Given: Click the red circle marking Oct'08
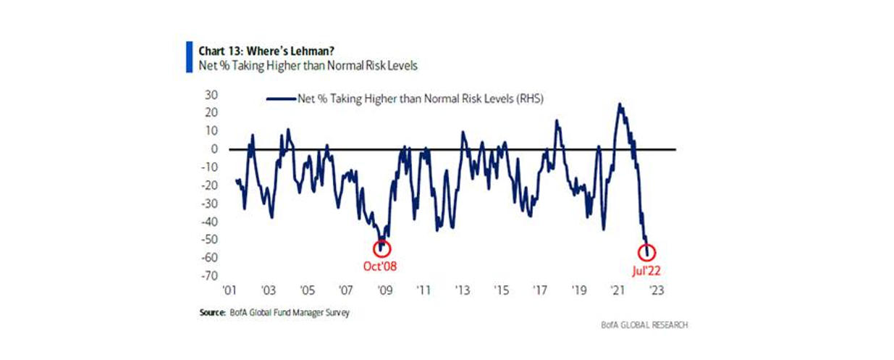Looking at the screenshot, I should pos(381,248).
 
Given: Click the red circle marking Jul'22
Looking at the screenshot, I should pos(647,253).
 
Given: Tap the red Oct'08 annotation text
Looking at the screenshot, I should pos(379,266).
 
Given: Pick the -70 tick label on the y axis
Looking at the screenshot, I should pos(211,276).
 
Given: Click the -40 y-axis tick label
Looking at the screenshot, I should pos(211,222).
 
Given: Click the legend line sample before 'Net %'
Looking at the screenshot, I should pos(281,99).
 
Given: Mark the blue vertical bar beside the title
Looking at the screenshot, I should pos(189,56).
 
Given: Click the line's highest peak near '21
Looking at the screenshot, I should pos(620,104).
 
